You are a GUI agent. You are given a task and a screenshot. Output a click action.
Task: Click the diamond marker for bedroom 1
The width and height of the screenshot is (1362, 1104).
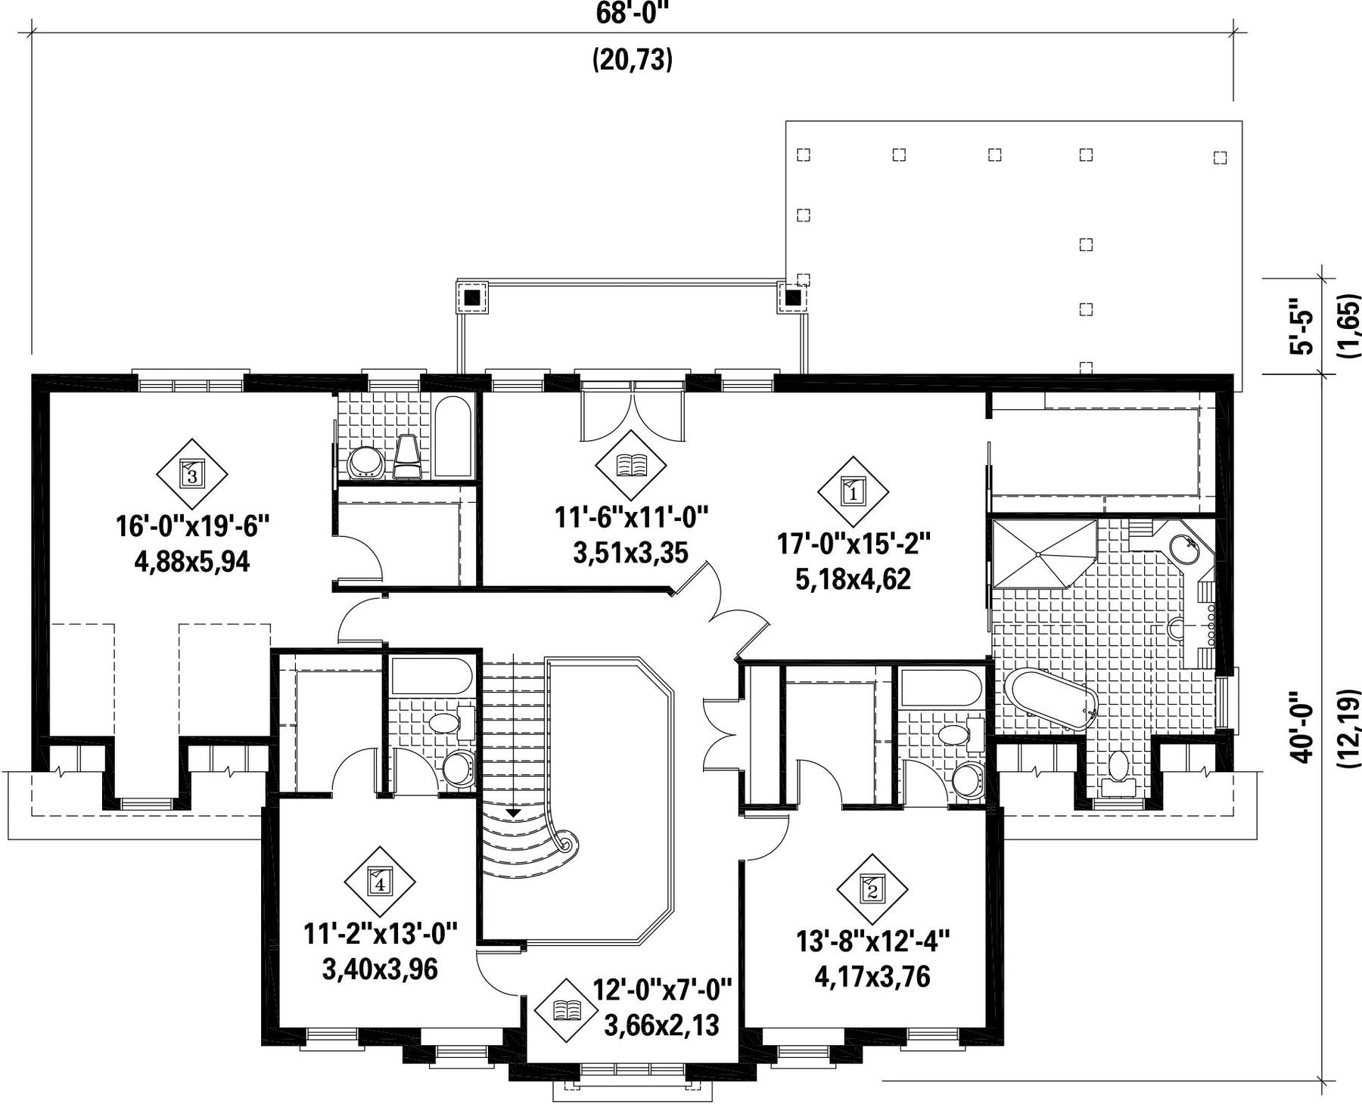click(x=853, y=492)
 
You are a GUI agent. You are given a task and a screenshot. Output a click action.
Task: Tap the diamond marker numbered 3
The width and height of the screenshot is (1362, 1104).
click(x=192, y=474)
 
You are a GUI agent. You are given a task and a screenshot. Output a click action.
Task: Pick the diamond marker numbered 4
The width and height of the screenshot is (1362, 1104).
click(x=380, y=881)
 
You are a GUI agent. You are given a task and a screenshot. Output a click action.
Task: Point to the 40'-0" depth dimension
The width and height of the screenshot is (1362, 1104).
click(x=1304, y=727)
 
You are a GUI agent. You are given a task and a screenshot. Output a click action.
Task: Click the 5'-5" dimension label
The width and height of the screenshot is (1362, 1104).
click(x=1304, y=325)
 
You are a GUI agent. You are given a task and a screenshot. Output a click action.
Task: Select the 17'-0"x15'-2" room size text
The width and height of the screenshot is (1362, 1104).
click(x=853, y=543)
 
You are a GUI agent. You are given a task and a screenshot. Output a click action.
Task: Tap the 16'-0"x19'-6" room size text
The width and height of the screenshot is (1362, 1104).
click(x=192, y=526)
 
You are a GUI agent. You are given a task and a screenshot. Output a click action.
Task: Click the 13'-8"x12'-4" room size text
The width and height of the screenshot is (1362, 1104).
click(x=872, y=942)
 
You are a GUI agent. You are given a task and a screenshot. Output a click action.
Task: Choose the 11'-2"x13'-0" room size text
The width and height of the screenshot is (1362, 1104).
click(x=381, y=933)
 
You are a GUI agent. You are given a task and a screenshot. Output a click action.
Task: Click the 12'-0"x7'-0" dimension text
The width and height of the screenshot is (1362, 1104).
click(x=662, y=989)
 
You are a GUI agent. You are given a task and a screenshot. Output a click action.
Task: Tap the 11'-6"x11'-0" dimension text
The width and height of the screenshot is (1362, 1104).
click(x=631, y=518)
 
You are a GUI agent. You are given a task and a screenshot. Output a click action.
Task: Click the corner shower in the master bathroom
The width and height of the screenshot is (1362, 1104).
click(x=1044, y=553)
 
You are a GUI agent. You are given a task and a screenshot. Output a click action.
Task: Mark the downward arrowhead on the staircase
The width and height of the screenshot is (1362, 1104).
click(x=514, y=812)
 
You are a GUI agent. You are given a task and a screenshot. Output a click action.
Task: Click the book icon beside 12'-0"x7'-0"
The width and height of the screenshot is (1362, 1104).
click(x=567, y=1010)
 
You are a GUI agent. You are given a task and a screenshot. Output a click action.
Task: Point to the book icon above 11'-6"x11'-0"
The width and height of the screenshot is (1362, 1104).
click(x=631, y=465)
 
